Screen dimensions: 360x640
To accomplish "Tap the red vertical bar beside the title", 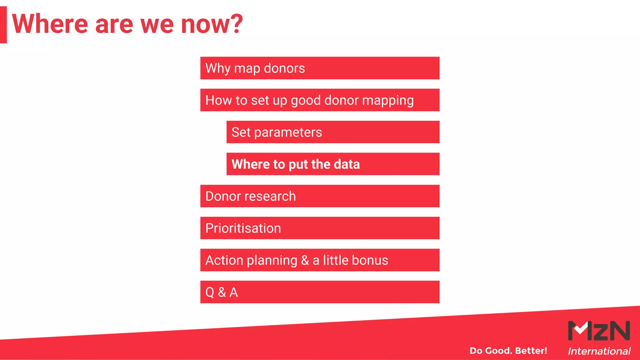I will click(3, 24).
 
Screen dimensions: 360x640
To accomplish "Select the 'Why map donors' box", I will click(320, 68).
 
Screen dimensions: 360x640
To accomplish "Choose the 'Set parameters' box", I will click(333, 132).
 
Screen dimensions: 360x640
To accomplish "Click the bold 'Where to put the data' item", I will click(333, 164).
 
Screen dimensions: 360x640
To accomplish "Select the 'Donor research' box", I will click(320, 196).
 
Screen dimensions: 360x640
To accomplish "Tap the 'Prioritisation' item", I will click(320, 228).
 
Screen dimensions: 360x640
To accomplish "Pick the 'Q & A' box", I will click(320, 292).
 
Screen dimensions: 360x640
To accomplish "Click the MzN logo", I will click(599, 331).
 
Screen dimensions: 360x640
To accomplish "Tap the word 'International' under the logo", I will click(599, 351).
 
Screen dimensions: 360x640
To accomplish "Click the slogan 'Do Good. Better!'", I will click(508, 351).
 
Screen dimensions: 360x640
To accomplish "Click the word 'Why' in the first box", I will click(218, 68).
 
